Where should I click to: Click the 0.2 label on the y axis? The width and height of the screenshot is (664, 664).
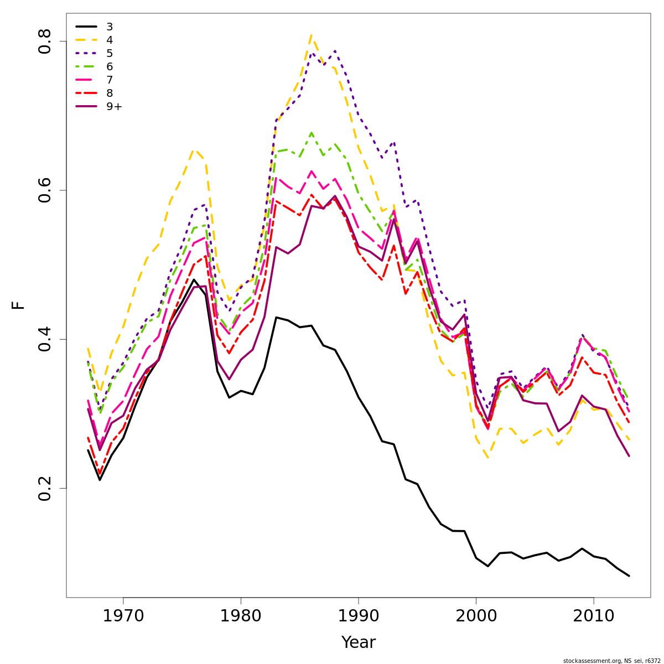click(44, 488)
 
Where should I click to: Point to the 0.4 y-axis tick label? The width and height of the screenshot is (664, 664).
click(44, 339)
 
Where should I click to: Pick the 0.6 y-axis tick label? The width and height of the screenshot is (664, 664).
click(44, 190)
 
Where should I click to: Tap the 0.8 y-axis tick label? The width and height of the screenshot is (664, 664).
click(44, 41)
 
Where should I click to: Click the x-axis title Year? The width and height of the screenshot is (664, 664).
click(359, 642)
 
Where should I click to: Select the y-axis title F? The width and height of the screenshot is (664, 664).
click(19, 305)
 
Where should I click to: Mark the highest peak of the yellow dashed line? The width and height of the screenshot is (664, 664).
click(312, 35)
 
